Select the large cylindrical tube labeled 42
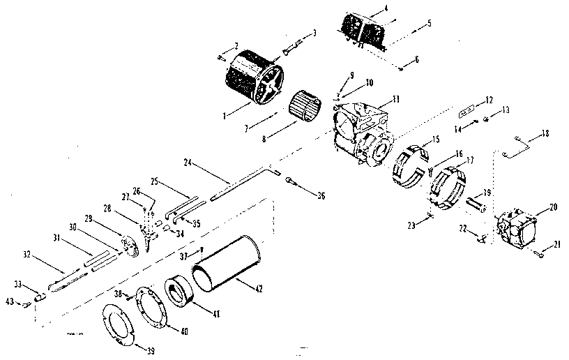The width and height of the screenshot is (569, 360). [x=225, y=266]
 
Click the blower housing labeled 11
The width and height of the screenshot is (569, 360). [x=363, y=132]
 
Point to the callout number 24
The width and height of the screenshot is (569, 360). [x=188, y=163]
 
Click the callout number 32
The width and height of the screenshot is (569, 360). [x=27, y=255]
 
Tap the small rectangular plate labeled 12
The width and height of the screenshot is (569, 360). [x=467, y=111]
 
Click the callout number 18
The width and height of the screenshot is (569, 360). [x=545, y=132]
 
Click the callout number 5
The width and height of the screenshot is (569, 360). [x=430, y=23]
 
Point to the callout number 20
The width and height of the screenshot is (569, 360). [x=553, y=208]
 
